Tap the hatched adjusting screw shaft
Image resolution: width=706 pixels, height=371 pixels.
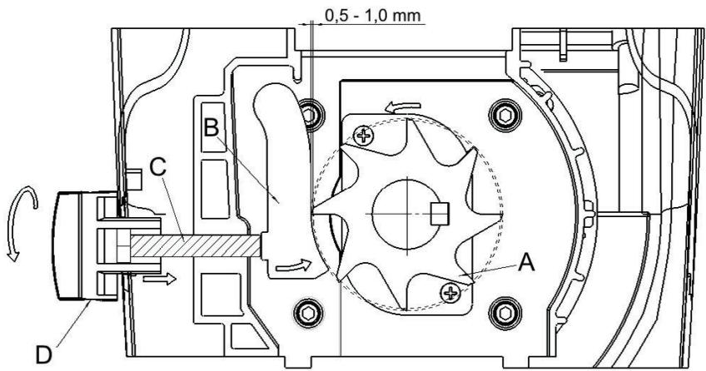[208, 247]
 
